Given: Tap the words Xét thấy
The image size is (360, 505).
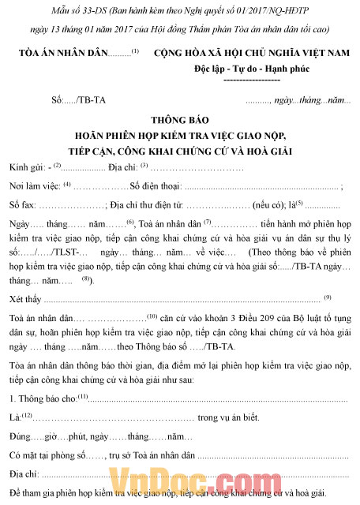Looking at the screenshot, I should click(24, 300).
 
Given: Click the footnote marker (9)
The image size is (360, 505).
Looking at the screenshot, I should click(327, 297).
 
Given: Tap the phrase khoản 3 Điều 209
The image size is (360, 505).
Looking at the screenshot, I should click(225, 319).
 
